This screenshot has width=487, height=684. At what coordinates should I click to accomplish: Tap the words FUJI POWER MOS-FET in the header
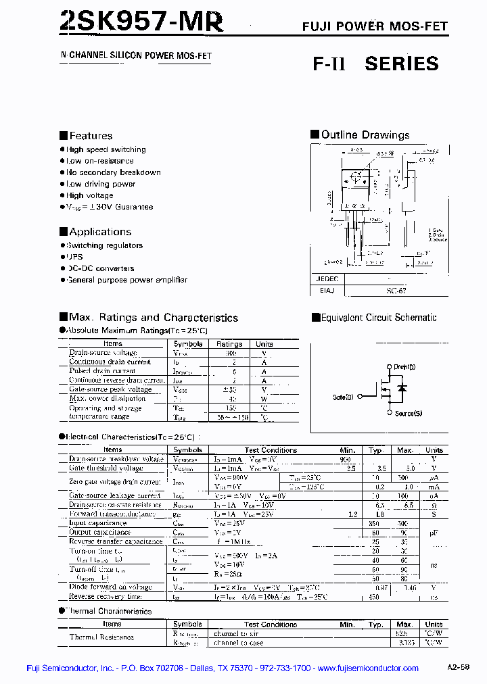[x=375, y=27]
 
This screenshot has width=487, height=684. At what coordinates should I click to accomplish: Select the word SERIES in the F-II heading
[x=402, y=64]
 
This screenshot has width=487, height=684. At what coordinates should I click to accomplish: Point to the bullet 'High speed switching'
[x=106, y=149]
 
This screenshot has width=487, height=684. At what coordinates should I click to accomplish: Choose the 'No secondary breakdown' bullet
[x=113, y=172]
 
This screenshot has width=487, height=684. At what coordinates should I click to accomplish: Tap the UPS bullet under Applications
[x=74, y=257]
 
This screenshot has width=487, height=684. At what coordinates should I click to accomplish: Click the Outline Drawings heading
[x=365, y=135]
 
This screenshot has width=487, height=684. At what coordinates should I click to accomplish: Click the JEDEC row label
[x=326, y=278]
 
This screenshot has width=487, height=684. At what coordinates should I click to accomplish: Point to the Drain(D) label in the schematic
[x=405, y=366]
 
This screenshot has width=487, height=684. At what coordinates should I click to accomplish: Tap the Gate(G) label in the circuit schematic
[x=343, y=397]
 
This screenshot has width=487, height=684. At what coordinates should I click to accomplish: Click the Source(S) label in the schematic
[x=409, y=413]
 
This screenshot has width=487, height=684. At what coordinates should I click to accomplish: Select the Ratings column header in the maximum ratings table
[x=229, y=344]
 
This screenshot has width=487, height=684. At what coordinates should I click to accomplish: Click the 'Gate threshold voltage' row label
[x=106, y=468]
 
